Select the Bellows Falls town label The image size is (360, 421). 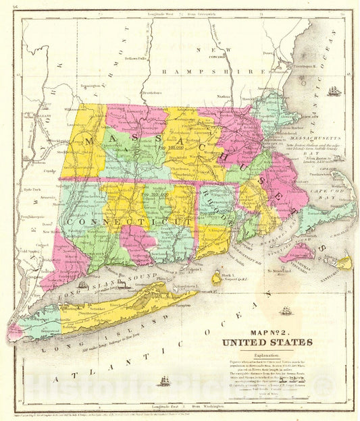[x=135, y=59]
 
